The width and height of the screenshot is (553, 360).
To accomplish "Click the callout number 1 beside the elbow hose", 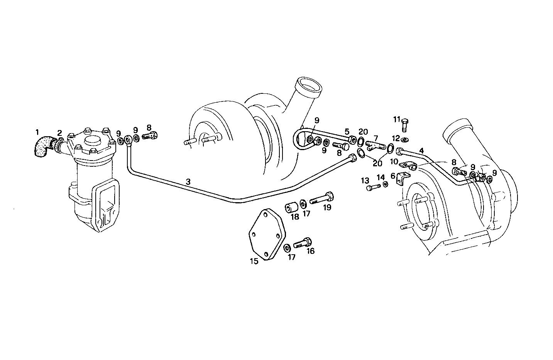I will pos(37,132).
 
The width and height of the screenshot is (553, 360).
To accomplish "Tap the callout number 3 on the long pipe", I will pos(188,181).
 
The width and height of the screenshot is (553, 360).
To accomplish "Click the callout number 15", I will pos(254,261).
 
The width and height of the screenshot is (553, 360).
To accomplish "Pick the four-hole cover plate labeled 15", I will pos(266,234).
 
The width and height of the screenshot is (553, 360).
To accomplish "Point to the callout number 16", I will pos(310,251).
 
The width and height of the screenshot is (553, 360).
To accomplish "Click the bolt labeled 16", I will pos(303,243).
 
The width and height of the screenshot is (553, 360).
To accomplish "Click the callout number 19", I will pos(327,208).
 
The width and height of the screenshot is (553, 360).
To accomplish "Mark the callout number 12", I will pos(396,138).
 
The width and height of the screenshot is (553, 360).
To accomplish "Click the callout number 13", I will pos(365,180).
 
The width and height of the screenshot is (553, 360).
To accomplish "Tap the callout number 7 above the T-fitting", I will pos(375,138).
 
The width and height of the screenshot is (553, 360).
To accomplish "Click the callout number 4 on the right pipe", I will pos(421,150).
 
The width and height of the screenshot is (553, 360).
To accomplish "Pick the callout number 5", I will pos(347,131).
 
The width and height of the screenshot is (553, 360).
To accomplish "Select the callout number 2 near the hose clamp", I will pos(60,133).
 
